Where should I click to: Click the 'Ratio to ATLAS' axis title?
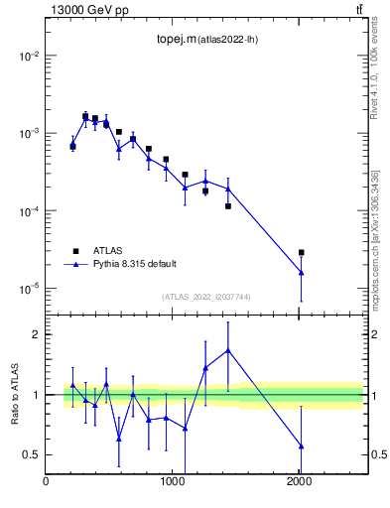(15, 394)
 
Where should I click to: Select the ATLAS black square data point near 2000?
(301, 253)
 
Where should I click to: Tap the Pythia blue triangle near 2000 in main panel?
(301, 272)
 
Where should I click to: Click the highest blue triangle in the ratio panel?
(228, 350)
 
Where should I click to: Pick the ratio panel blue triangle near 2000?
(301, 446)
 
